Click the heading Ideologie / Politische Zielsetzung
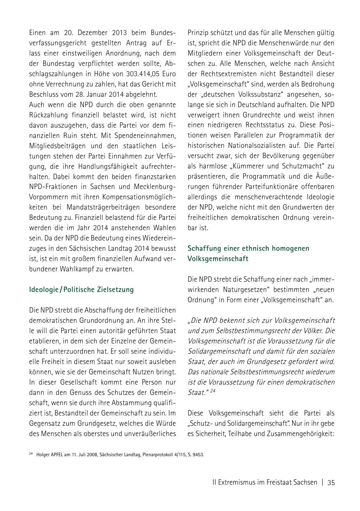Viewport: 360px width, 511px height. coord(81,289)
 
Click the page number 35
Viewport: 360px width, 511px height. coord(331,483)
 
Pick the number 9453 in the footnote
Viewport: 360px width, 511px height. coord(197,455)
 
